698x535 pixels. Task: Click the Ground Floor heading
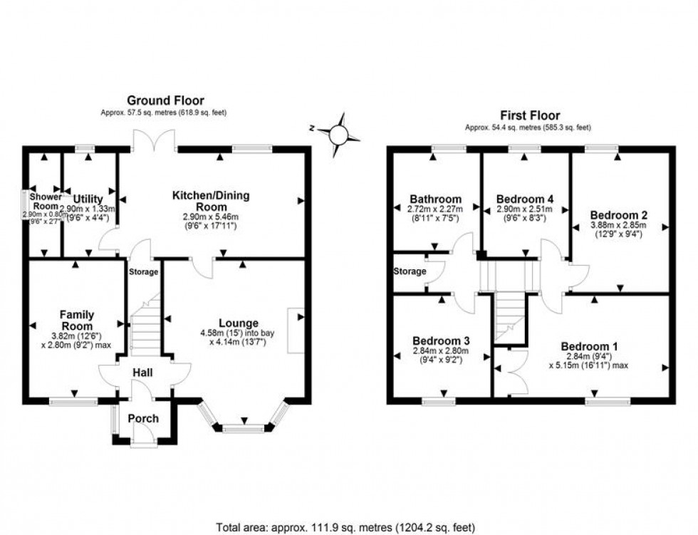click(x=165, y=100)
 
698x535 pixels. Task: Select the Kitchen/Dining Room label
click(x=211, y=200)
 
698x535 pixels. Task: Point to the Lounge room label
click(x=239, y=323)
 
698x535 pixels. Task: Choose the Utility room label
click(x=88, y=198)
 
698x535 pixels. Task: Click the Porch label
click(x=143, y=418)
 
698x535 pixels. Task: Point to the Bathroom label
click(x=435, y=199)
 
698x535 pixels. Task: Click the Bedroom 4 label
click(x=525, y=199)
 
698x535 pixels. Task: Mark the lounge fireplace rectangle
click(x=296, y=330)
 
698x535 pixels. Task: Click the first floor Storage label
click(x=410, y=271)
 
